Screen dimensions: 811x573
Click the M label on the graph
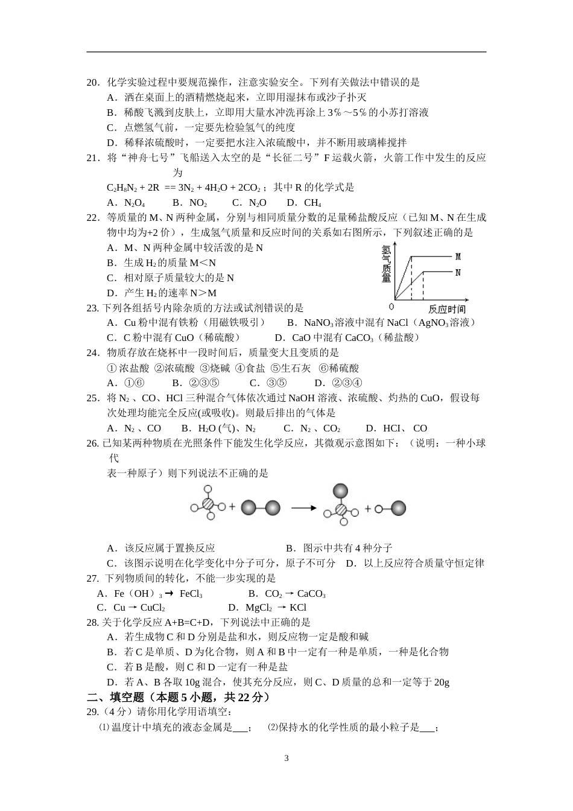coord(458,257)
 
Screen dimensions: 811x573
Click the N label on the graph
coord(458,273)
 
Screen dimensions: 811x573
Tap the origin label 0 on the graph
coord(392,307)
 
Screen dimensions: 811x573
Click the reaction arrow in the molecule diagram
coord(303,507)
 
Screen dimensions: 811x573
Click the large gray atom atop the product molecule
coord(341,491)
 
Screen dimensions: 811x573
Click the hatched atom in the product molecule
coord(341,510)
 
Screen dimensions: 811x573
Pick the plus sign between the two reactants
coord(232,507)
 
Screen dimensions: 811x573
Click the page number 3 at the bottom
coord(286,758)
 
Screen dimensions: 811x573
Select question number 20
coord(93,83)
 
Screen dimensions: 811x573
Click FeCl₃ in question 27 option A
coord(191,594)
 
